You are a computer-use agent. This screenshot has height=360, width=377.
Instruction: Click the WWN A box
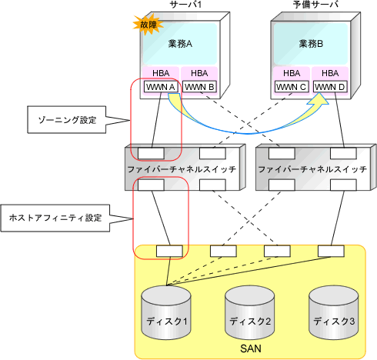pyautogui.click(x=161, y=87)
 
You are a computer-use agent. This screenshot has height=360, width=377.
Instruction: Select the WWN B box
pyautogui.click(x=199, y=87)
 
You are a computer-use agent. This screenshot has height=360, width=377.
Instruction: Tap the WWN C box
pyautogui.click(x=292, y=87)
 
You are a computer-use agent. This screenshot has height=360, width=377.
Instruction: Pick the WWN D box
pyautogui.click(x=330, y=87)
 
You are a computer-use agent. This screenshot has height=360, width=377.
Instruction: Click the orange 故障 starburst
pyautogui.click(x=148, y=25)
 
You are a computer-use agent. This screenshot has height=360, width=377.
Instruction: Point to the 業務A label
pyautogui.click(x=180, y=44)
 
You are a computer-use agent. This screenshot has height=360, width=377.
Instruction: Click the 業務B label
pyautogui.click(x=311, y=44)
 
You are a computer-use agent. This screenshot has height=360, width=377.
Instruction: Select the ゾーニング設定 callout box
pyautogui.click(x=67, y=120)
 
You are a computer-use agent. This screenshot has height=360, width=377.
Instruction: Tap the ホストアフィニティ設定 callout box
pyautogui.click(x=55, y=218)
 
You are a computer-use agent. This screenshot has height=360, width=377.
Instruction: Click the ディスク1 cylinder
pyautogui.click(x=166, y=312)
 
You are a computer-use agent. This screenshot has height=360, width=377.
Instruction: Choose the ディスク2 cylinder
pyautogui.click(x=250, y=312)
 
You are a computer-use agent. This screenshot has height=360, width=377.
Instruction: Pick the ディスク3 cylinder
pyautogui.click(x=334, y=312)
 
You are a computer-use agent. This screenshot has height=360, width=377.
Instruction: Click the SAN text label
pyautogui.click(x=251, y=348)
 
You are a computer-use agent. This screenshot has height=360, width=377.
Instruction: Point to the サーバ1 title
pyautogui.click(x=185, y=5)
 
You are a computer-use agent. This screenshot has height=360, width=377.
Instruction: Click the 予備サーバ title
pyautogui.click(x=315, y=5)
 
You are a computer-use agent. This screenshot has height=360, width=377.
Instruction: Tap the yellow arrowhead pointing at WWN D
pyautogui.click(x=319, y=99)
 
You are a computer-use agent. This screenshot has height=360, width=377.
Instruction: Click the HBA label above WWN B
pyautogui.click(x=199, y=73)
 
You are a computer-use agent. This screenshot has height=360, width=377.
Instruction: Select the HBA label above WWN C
pyautogui.click(x=292, y=73)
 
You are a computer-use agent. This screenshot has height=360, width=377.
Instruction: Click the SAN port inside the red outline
pyautogui.click(x=169, y=251)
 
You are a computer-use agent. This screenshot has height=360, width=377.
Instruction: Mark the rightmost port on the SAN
pyautogui.click(x=331, y=251)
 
